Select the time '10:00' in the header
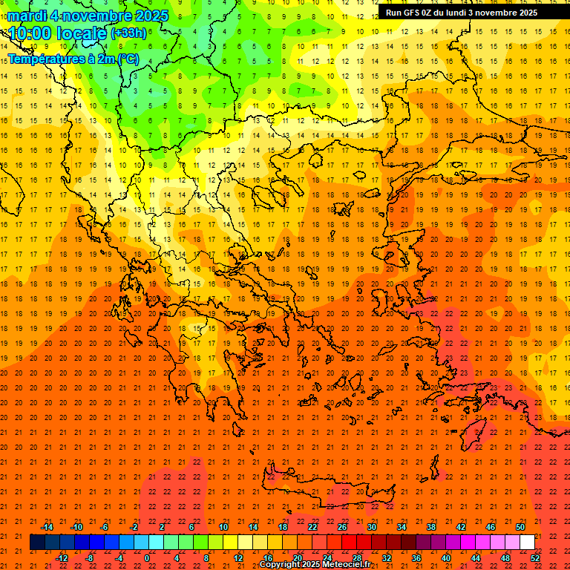[30, 33]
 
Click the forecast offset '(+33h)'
[128, 33]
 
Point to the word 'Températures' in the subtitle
[43, 58]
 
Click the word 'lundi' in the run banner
[462, 13]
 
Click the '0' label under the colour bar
[147, 557]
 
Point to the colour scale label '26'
[342, 527]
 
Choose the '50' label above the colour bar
[520, 527]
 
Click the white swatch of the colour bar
[527, 542]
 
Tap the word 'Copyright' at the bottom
[278, 565]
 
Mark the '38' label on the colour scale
[431, 527]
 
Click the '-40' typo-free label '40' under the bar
[446, 557]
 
